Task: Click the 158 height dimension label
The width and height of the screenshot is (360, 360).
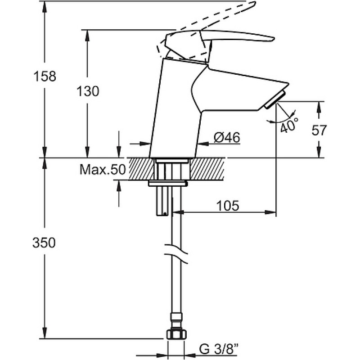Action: (x=45, y=76)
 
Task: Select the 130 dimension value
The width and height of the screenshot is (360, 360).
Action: (x=88, y=91)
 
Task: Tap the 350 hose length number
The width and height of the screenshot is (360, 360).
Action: (x=44, y=243)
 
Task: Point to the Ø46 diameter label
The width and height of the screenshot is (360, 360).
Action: (x=227, y=138)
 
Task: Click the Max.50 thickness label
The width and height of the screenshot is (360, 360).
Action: (x=103, y=170)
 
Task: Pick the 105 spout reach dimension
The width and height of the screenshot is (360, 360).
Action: (x=228, y=206)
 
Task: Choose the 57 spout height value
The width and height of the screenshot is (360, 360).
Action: (x=319, y=130)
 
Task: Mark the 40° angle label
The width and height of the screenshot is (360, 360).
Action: (x=289, y=125)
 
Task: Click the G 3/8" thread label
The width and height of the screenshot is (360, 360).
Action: (x=218, y=351)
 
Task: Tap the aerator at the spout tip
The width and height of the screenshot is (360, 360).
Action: (x=275, y=99)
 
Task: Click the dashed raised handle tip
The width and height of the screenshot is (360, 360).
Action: (x=254, y=3)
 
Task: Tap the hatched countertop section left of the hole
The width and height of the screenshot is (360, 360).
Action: (x=141, y=169)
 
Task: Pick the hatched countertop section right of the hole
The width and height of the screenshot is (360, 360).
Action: (x=207, y=169)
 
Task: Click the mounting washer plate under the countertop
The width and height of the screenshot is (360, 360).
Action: (x=168, y=184)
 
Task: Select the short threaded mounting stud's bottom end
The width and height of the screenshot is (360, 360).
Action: (x=162, y=215)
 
